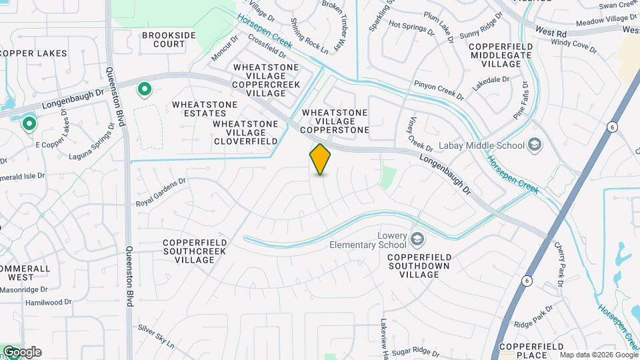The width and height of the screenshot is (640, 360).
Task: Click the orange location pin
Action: [x=321, y=159]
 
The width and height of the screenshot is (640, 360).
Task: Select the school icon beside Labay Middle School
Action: [x=535, y=145]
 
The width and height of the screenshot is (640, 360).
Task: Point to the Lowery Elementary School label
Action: [x=368, y=240]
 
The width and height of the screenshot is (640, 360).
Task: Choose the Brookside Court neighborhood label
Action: [x=163, y=39]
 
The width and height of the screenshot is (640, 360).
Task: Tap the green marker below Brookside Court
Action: [x=143, y=89]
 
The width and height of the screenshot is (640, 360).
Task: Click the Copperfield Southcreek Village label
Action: [x=195, y=251]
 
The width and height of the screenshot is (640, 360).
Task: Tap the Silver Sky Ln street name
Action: [x=156, y=337]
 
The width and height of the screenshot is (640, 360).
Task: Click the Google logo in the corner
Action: [x=21, y=352]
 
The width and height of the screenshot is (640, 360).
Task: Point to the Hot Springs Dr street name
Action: [x=411, y=28]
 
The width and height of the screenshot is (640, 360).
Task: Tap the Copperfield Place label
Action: [x=532, y=351]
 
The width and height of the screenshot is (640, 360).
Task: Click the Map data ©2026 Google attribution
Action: [x=599, y=355]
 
